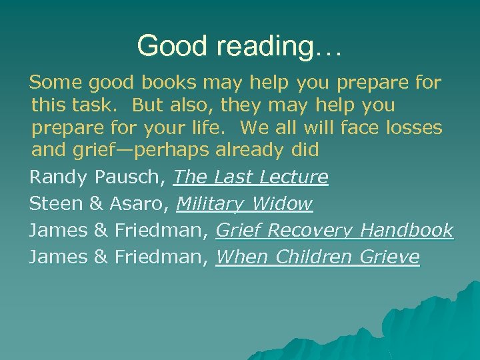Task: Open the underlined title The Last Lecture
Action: coord(251,177)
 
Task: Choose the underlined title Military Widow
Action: coord(244,204)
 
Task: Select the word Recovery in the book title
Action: coord(310,231)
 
